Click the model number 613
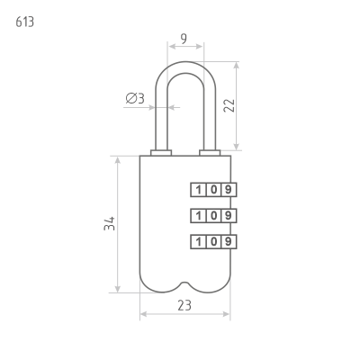[x=25, y=22]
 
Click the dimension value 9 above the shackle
[x=184, y=39]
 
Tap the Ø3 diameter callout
[x=135, y=98]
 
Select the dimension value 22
[x=229, y=105]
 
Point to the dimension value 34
[x=110, y=223]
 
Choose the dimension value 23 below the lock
[x=184, y=305]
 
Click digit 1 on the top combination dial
[x=198, y=190]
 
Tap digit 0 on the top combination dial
[x=213, y=190]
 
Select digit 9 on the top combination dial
[x=229, y=190]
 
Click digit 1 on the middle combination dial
[x=198, y=216]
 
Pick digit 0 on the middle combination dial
[x=213, y=216]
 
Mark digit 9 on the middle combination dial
[x=229, y=216]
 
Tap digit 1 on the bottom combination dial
[x=198, y=241]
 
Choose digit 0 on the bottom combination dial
[x=213, y=241]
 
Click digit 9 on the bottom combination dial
[x=229, y=241]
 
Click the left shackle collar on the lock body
[x=161, y=153]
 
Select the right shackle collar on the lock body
[x=210, y=153]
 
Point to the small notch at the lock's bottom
[x=185, y=283]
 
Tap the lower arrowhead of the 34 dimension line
[x=118, y=289]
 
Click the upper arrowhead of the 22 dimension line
[x=237, y=66]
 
